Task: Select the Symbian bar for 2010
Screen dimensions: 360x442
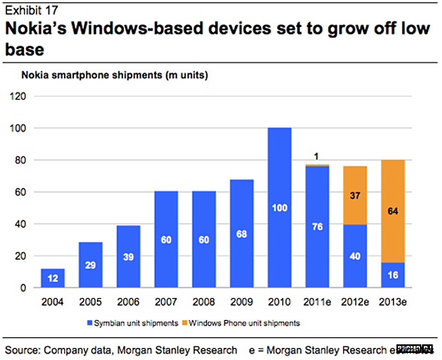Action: pyautogui.click(x=279, y=208)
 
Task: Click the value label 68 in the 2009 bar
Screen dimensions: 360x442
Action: pyautogui.click(x=242, y=233)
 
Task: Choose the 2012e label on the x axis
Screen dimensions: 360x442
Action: pyautogui.click(x=354, y=301)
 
